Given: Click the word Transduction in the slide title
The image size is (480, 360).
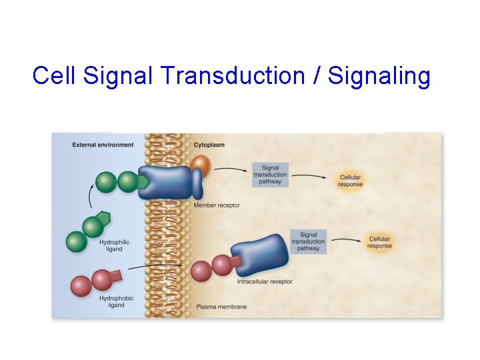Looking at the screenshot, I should (x=233, y=76).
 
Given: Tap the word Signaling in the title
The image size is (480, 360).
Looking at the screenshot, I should (x=379, y=77).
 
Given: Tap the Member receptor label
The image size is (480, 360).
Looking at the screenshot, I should (x=216, y=205).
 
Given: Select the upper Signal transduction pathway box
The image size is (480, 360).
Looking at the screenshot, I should (x=270, y=175).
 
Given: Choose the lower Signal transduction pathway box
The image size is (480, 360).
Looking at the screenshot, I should (x=308, y=241).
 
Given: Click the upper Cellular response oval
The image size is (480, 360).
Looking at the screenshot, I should (x=350, y=181).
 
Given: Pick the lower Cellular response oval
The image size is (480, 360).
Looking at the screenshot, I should (x=379, y=242).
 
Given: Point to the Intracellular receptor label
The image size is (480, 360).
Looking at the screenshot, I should (x=265, y=282).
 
